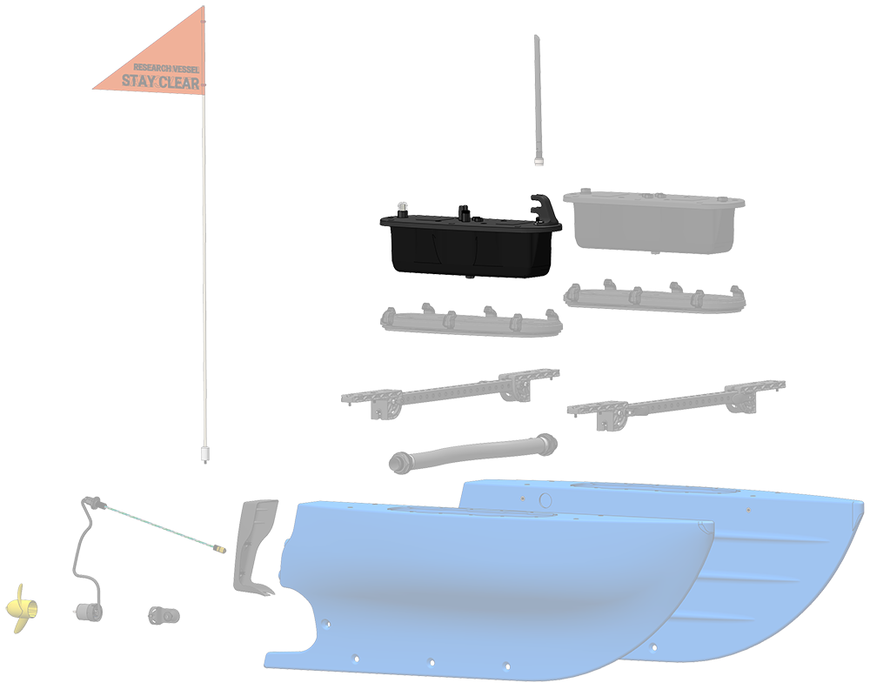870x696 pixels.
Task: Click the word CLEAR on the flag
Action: coord(179,83)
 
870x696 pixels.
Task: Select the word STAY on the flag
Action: coord(138,81)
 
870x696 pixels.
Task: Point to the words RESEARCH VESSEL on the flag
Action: coord(166,68)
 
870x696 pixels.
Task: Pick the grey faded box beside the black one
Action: coord(653,222)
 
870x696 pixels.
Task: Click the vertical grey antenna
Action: coord(538,100)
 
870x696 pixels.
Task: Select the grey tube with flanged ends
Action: coord(473,452)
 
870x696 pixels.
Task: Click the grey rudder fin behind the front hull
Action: coord(254,546)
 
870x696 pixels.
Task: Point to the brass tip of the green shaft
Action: coord(220,550)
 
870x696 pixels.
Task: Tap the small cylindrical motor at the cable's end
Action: coord(89,612)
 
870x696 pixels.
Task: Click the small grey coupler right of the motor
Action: coord(164,615)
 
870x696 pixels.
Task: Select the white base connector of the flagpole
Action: coord(204,453)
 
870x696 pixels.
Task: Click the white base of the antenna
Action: coord(539,162)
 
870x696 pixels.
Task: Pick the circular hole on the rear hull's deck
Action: coord(545,499)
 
